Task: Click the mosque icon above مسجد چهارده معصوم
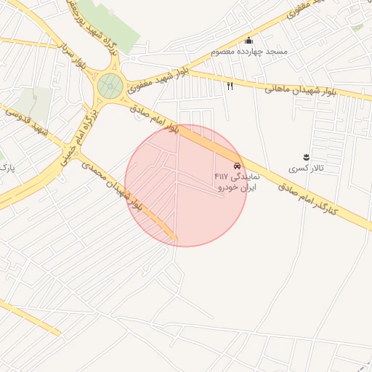(x=249, y=41)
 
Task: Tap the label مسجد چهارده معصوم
(x=249, y=52)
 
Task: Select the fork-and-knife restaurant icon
(x=230, y=86)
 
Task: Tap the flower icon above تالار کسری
(x=305, y=157)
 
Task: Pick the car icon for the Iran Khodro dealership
(x=238, y=166)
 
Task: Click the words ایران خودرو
(x=233, y=187)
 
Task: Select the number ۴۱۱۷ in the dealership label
(x=221, y=177)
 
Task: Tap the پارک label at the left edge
(x=7, y=169)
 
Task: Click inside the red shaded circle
(x=186, y=211)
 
